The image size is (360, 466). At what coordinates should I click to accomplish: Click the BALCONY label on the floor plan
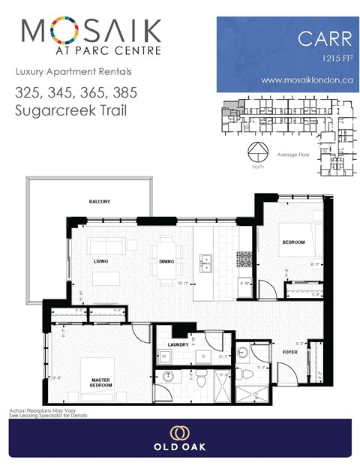[99, 202]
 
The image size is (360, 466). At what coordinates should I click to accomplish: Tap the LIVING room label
[101, 262]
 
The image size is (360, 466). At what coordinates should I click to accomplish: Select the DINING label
[167, 262]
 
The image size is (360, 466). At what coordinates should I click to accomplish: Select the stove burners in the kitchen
[244, 259]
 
